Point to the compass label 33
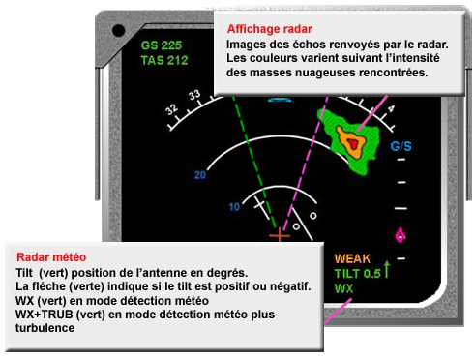194,96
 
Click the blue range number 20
201,175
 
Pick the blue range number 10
233,206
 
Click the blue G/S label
401,147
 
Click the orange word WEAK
353,258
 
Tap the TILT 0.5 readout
357,273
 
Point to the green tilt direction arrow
387,268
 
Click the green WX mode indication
344,288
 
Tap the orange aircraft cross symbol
279,234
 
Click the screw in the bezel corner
118,29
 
